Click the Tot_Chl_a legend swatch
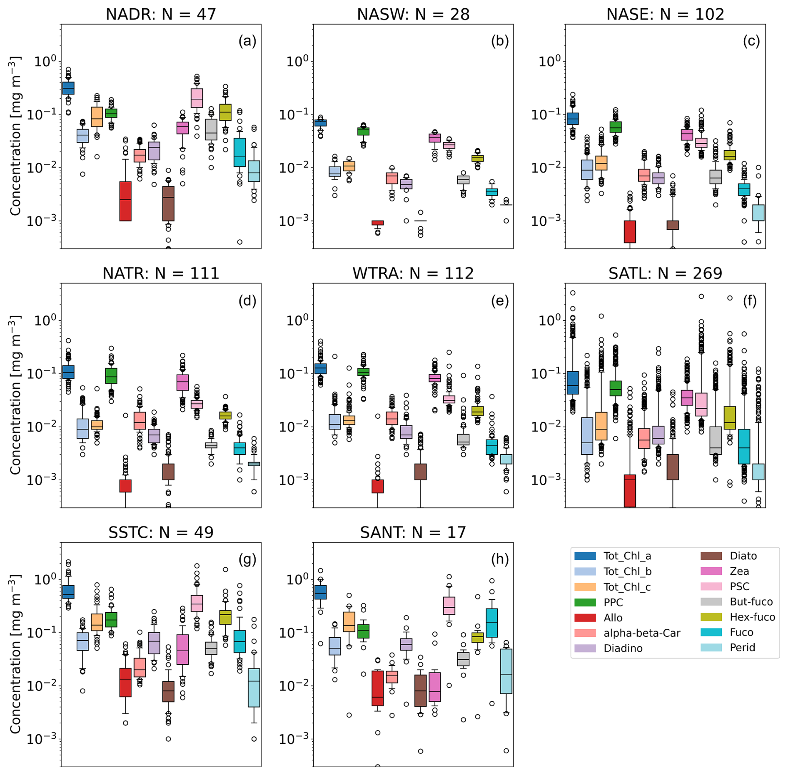click(584, 556)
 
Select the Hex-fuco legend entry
click(752, 617)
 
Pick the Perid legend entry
click(742, 648)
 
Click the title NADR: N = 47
click(161, 15)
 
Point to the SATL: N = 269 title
click(665, 273)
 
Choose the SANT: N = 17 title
click(413, 532)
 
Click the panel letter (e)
click(500, 301)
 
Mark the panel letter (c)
click(751, 41)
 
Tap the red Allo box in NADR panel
click(125, 201)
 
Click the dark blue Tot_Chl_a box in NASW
click(320, 123)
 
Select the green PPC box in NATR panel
click(111, 375)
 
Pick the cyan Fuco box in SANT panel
click(492, 623)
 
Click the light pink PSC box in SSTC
click(197, 603)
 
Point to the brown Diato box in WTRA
click(420, 472)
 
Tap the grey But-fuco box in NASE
click(716, 177)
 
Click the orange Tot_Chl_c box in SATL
click(601, 426)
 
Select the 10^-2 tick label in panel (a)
click(41, 168)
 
